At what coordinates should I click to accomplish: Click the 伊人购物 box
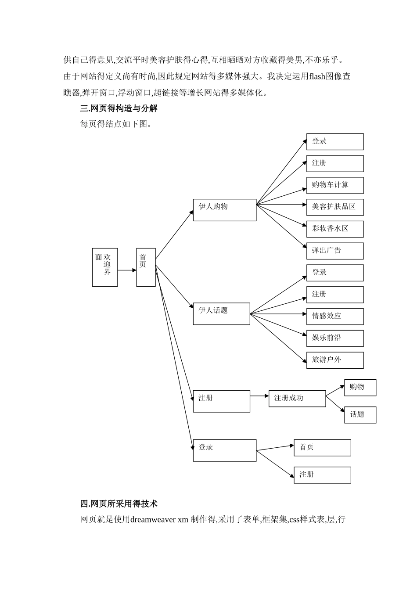[x=224, y=210]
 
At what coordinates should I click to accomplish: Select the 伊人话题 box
[x=221, y=313]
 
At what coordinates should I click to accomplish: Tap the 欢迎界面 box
[x=104, y=267]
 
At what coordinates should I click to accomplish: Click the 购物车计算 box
[x=334, y=185]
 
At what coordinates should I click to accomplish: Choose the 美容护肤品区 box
[x=334, y=207]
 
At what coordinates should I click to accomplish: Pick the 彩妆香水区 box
[x=334, y=229]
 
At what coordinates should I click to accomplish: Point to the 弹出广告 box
[x=334, y=251]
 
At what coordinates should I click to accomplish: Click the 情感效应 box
[x=334, y=317]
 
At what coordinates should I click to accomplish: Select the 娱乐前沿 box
[x=334, y=338]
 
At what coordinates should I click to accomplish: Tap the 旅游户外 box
[x=334, y=360]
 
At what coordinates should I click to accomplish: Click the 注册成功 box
[x=297, y=399]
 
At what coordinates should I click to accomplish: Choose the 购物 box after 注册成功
[x=360, y=388]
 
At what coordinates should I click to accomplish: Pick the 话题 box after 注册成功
[x=360, y=415]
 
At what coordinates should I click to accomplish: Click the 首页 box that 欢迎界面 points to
[x=146, y=267]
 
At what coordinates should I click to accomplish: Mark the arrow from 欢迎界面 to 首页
[x=127, y=270]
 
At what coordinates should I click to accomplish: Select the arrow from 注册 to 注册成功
[x=259, y=396]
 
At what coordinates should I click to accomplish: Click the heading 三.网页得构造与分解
[x=119, y=108]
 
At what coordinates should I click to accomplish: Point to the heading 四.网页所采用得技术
[x=119, y=504]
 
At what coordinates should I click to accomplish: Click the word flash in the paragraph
[x=317, y=76]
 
